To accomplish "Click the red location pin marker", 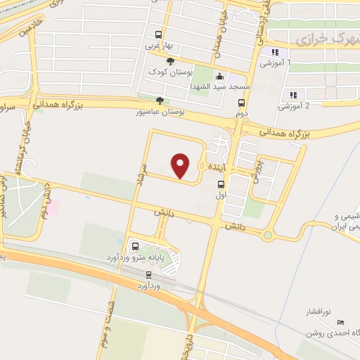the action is (181, 165).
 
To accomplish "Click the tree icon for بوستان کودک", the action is (170, 62).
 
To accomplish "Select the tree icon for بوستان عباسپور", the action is (160, 100).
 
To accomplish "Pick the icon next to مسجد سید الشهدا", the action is (219, 76).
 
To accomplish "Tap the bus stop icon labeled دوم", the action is (241, 102).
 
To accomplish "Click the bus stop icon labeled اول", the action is (221, 186).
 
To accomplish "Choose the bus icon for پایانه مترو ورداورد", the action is (135, 247).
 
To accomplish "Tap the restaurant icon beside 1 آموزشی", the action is (276, 52).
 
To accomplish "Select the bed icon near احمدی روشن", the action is (342, 323).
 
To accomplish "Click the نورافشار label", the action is (321, 310).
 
